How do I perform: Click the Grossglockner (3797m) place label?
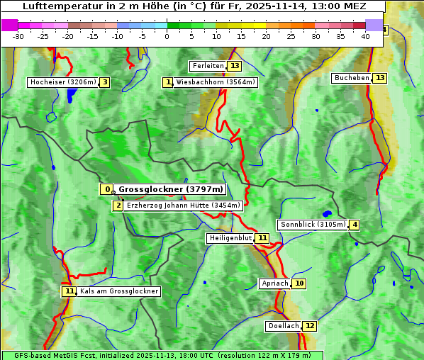[170, 189]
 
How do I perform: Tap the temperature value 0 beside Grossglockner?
[107, 189]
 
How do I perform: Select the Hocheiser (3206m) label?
[62, 82]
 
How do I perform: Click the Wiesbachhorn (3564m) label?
[216, 82]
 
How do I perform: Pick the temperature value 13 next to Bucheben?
[380, 77]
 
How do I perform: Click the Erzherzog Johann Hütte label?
[184, 206]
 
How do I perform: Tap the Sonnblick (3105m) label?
[313, 225]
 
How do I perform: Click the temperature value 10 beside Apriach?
[299, 283]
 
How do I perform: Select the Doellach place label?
[283, 326]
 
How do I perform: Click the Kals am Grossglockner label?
[118, 291]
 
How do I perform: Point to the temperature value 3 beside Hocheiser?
[105, 82]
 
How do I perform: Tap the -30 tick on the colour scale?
[18, 36]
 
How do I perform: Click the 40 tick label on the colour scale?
[365, 36]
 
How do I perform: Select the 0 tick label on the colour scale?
[167, 36]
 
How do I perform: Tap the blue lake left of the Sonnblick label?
[326, 213]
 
